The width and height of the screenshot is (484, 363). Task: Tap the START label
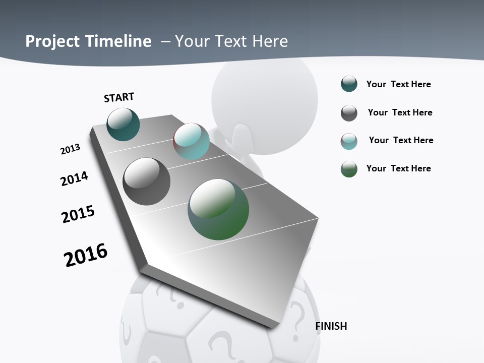click(x=119, y=97)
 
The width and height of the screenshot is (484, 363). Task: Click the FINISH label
click(x=331, y=326)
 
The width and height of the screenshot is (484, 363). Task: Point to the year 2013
click(x=70, y=149)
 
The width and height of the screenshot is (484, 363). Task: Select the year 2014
click(x=74, y=178)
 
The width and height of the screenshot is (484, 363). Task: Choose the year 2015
click(x=78, y=214)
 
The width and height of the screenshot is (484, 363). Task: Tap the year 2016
click(x=86, y=255)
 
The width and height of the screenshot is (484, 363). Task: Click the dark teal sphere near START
click(x=123, y=124)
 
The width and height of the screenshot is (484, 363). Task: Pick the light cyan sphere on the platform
click(x=191, y=141)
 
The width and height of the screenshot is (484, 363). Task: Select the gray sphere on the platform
click(x=146, y=181)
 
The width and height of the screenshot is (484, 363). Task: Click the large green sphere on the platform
click(x=218, y=209)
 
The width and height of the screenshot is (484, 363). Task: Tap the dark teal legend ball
click(x=349, y=84)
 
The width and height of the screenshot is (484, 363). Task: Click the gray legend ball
click(x=349, y=113)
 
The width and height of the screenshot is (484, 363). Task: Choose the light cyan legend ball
click(x=349, y=141)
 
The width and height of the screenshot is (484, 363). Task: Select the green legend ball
click(x=349, y=169)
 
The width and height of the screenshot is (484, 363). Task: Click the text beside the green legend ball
click(x=398, y=168)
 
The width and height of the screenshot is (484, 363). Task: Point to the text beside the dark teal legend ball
click(x=398, y=84)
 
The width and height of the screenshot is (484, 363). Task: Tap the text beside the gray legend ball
click(x=400, y=112)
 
